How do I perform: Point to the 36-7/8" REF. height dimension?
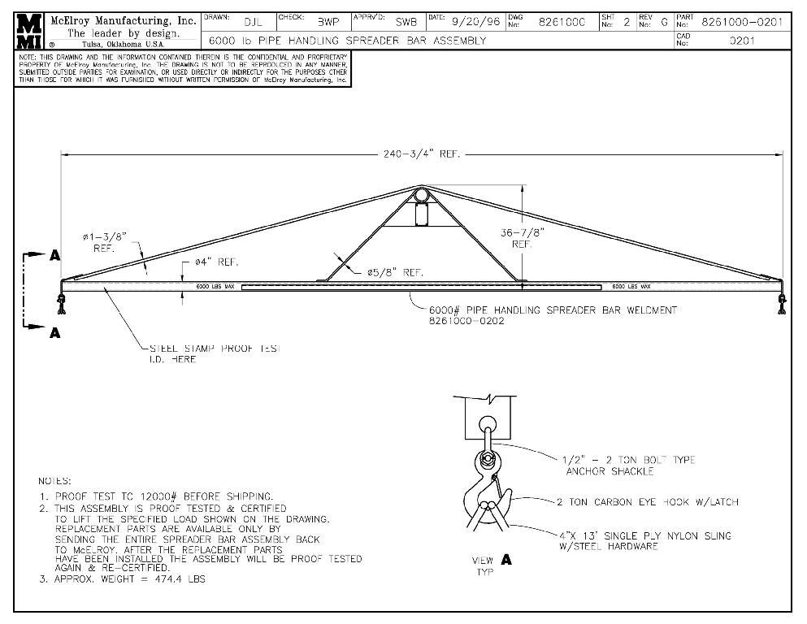point(522,237)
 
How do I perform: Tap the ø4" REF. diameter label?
point(215,262)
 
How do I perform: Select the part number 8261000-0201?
point(741,21)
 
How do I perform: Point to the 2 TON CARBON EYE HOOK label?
point(647,502)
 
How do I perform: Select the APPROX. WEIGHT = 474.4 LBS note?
point(130,579)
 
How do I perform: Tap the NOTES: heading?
point(55,481)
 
